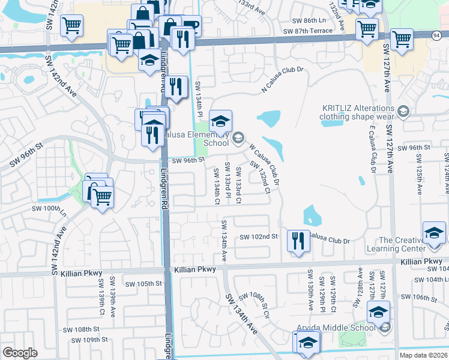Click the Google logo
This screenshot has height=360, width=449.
click(20, 353)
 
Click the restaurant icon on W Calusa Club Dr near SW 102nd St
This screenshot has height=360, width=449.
click(298, 241)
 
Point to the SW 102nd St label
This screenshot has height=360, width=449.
click(259, 237)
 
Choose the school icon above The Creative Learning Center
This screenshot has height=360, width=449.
click(435, 233)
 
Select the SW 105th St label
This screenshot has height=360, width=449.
click(143, 284)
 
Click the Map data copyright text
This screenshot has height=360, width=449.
click(426, 355)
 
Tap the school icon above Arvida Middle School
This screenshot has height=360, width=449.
click(378, 312)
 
